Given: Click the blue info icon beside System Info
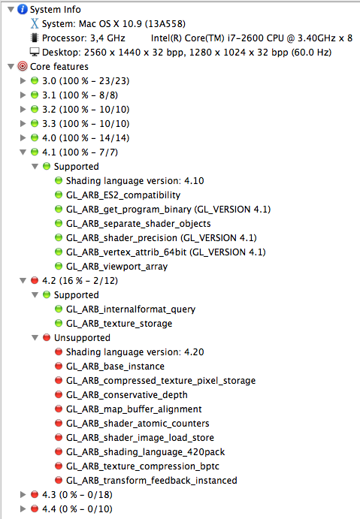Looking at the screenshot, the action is pyautogui.click(x=23, y=9).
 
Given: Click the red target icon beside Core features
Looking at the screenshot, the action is pyautogui.click(x=23, y=66).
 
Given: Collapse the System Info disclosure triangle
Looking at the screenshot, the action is pyautogui.click(x=11, y=9).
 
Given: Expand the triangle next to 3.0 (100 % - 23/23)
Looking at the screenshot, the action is pyautogui.click(x=23, y=80).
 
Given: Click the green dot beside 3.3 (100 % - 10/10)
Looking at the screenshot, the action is pyautogui.click(x=35, y=123).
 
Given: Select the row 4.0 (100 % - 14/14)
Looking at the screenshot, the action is pyautogui.click(x=86, y=137).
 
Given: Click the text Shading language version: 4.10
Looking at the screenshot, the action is pyautogui.click(x=135, y=181).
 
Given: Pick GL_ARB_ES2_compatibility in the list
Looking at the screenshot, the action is pyautogui.click(x=123, y=195).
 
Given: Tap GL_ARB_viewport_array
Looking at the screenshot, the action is pyautogui.click(x=117, y=267).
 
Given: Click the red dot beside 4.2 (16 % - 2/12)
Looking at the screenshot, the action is pyautogui.click(x=35, y=281).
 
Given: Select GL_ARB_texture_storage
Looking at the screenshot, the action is pyautogui.click(x=119, y=324).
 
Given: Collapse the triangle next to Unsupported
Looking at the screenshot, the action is pyautogui.click(x=35, y=338).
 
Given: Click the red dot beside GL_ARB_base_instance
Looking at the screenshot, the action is pyautogui.click(x=59, y=366).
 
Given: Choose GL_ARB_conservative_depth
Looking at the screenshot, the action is pyautogui.click(x=127, y=394).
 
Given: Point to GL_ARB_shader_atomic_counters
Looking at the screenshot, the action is pyautogui.click(x=138, y=424).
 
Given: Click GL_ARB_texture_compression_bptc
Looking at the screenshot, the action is pyautogui.click(x=143, y=466).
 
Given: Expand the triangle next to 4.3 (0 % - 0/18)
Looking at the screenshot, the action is pyautogui.click(x=23, y=494).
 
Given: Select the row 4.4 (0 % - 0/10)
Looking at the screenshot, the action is pyautogui.click(x=77, y=508).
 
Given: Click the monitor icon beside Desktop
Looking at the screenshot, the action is pyautogui.click(x=35, y=52).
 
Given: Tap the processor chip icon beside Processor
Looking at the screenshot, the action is pyautogui.click(x=34, y=38).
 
